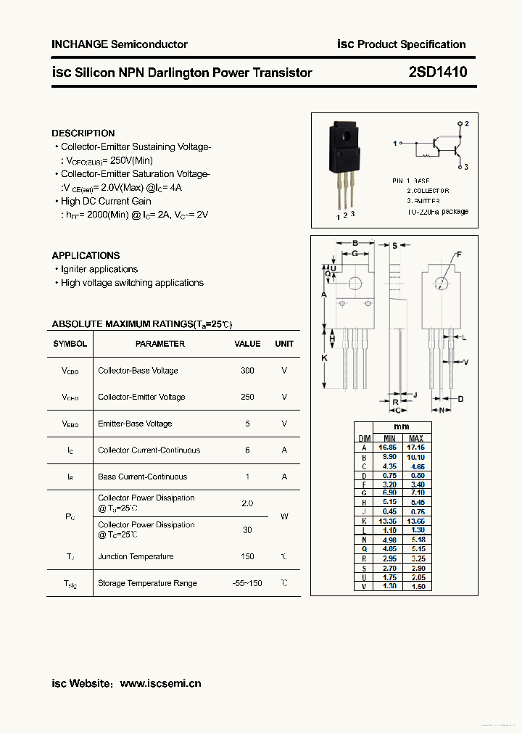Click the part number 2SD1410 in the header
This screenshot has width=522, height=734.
coord(437,72)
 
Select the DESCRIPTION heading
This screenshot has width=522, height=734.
coord(83,133)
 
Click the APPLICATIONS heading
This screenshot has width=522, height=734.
coord(86,255)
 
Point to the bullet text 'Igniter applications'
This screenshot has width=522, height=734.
coord(99,269)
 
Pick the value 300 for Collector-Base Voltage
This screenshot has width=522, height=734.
coord(247,371)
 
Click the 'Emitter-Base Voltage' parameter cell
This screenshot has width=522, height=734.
coord(135,424)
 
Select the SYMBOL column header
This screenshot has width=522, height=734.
coord(70,344)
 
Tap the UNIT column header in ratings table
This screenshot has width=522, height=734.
coord(284,344)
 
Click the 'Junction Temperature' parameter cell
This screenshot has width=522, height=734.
coord(136,557)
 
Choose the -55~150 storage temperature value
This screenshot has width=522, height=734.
coord(247,583)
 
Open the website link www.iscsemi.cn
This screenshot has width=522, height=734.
coord(160,683)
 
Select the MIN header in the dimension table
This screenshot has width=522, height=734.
coord(389,439)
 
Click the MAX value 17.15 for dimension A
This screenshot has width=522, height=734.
coord(416,448)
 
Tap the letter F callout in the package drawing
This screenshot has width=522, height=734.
coord(458,255)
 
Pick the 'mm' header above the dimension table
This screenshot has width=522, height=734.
coord(401,427)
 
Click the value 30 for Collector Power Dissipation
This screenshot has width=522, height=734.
coord(247,530)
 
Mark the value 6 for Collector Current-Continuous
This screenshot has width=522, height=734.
coord(247,450)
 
